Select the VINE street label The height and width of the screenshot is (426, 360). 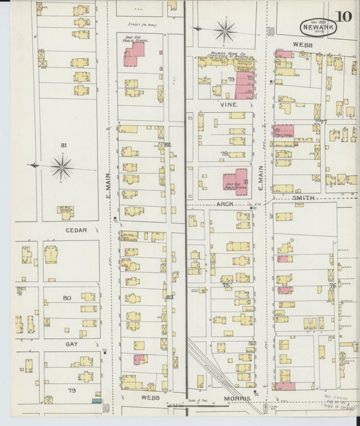(x=226, y=105)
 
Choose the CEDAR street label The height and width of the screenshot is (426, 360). (x=73, y=230)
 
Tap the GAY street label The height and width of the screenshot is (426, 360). (x=72, y=344)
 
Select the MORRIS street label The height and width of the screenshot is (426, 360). (x=237, y=398)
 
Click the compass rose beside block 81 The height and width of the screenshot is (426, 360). (x=61, y=166)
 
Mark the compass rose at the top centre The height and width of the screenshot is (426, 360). (x=225, y=29)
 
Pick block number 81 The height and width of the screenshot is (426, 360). (x=64, y=145)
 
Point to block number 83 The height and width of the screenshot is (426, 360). (x=169, y=296)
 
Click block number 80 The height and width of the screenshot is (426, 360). (x=67, y=298)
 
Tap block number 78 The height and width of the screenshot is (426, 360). (x=224, y=154)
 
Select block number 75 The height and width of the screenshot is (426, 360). (x=226, y=286)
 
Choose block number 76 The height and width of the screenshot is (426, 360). (x=332, y=286)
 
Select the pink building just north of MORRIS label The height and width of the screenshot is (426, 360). (x=284, y=386)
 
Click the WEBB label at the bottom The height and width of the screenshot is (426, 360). (x=151, y=398)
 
